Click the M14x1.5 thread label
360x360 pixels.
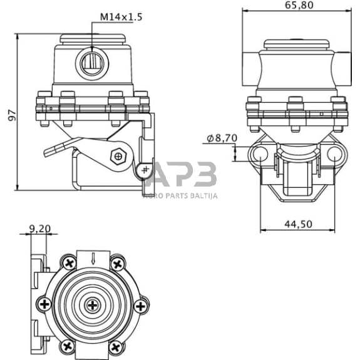tap(121, 17)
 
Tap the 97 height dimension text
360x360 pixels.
tap(12, 115)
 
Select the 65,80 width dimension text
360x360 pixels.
tap(299, 5)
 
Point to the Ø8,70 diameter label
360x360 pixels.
tap(222, 138)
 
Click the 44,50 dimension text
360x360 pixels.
tap(299, 224)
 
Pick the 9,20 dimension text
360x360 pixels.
tap(40, 229)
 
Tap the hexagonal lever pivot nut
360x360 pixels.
tap(118, 157)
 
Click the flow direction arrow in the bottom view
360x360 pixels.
tap(93, 259)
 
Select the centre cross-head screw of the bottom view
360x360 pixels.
tap(93, 305)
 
